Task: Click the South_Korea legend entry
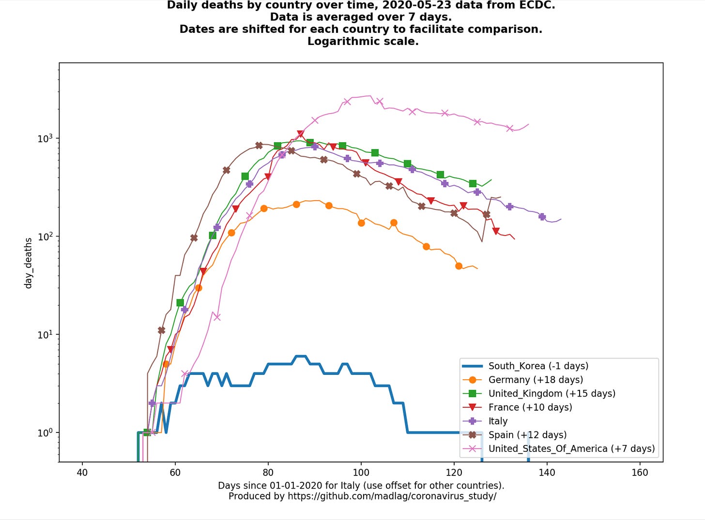538,366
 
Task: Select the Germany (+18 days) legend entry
535,380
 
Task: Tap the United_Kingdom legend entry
552,394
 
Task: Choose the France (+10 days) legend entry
530,407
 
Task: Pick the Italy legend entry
498,421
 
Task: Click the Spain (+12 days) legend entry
527,435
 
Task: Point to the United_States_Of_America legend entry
571,449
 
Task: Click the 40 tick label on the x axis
82,473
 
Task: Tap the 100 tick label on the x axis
361,473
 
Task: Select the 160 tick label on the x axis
640,473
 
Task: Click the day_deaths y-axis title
28,263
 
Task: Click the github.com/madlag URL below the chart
391,496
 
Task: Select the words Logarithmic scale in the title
363,42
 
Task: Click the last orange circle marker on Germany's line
459,266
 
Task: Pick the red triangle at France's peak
300,134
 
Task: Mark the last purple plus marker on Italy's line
542,217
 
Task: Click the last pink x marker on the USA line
509,128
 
